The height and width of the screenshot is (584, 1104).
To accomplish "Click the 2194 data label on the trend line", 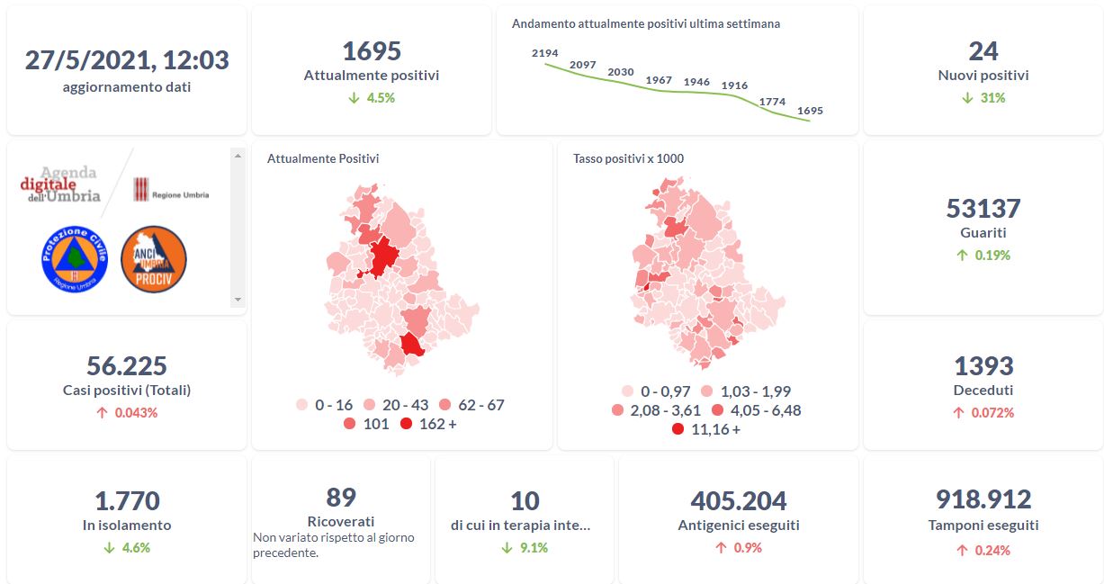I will tap(545, 53).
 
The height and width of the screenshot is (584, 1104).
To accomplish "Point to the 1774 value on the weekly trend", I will tap(772, 102).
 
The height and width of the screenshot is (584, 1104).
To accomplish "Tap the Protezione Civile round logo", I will tap(75, 258).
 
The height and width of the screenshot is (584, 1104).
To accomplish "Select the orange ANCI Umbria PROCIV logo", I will tap(154, 258).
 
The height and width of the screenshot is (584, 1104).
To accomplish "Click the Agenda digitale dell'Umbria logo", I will tap(60, 184).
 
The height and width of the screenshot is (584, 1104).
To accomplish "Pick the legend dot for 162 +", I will tap(406, 424).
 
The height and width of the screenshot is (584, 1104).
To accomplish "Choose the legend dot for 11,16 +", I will tap(678, 429).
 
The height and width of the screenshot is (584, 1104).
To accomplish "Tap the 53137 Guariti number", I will tap(983, 209).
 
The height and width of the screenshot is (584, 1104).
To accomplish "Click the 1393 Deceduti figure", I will tap(983, 366).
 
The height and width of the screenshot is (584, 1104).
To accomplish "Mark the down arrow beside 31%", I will tap(967, 97).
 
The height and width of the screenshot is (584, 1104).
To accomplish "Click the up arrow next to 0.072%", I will tap(959, 413).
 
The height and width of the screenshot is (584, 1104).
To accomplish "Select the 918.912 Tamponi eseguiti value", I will tap(983, 499).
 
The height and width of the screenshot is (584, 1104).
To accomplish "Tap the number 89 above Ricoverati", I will tap(341, 497).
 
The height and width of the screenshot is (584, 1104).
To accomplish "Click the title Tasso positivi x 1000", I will tap(628, 158).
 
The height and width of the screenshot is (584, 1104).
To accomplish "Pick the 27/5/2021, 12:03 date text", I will tap(127, 60).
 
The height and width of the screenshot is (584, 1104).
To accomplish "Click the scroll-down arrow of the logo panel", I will tap(238, 299).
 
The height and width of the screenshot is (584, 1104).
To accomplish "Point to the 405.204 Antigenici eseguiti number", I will tap(739, 500).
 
